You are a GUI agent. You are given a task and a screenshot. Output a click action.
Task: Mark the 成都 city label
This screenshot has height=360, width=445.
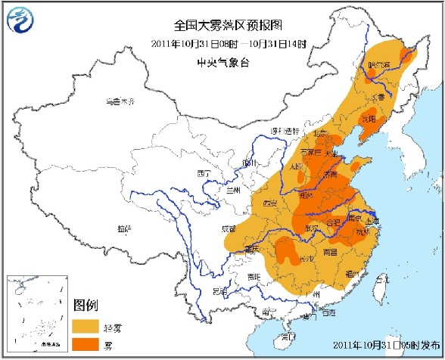point(229,227)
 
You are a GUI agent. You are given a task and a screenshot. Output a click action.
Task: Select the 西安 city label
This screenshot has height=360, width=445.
point(270,203)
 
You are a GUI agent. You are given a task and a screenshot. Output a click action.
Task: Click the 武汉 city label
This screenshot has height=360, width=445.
point(310,227)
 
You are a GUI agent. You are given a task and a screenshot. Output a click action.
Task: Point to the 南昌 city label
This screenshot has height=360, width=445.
point(330,250)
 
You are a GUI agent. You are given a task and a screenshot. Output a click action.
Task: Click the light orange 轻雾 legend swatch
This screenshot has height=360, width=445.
point(87,325)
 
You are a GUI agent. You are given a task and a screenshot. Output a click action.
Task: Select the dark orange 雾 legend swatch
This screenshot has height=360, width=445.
point(87,345)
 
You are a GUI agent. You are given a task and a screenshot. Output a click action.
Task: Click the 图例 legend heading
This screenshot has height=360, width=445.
point(86,305)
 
